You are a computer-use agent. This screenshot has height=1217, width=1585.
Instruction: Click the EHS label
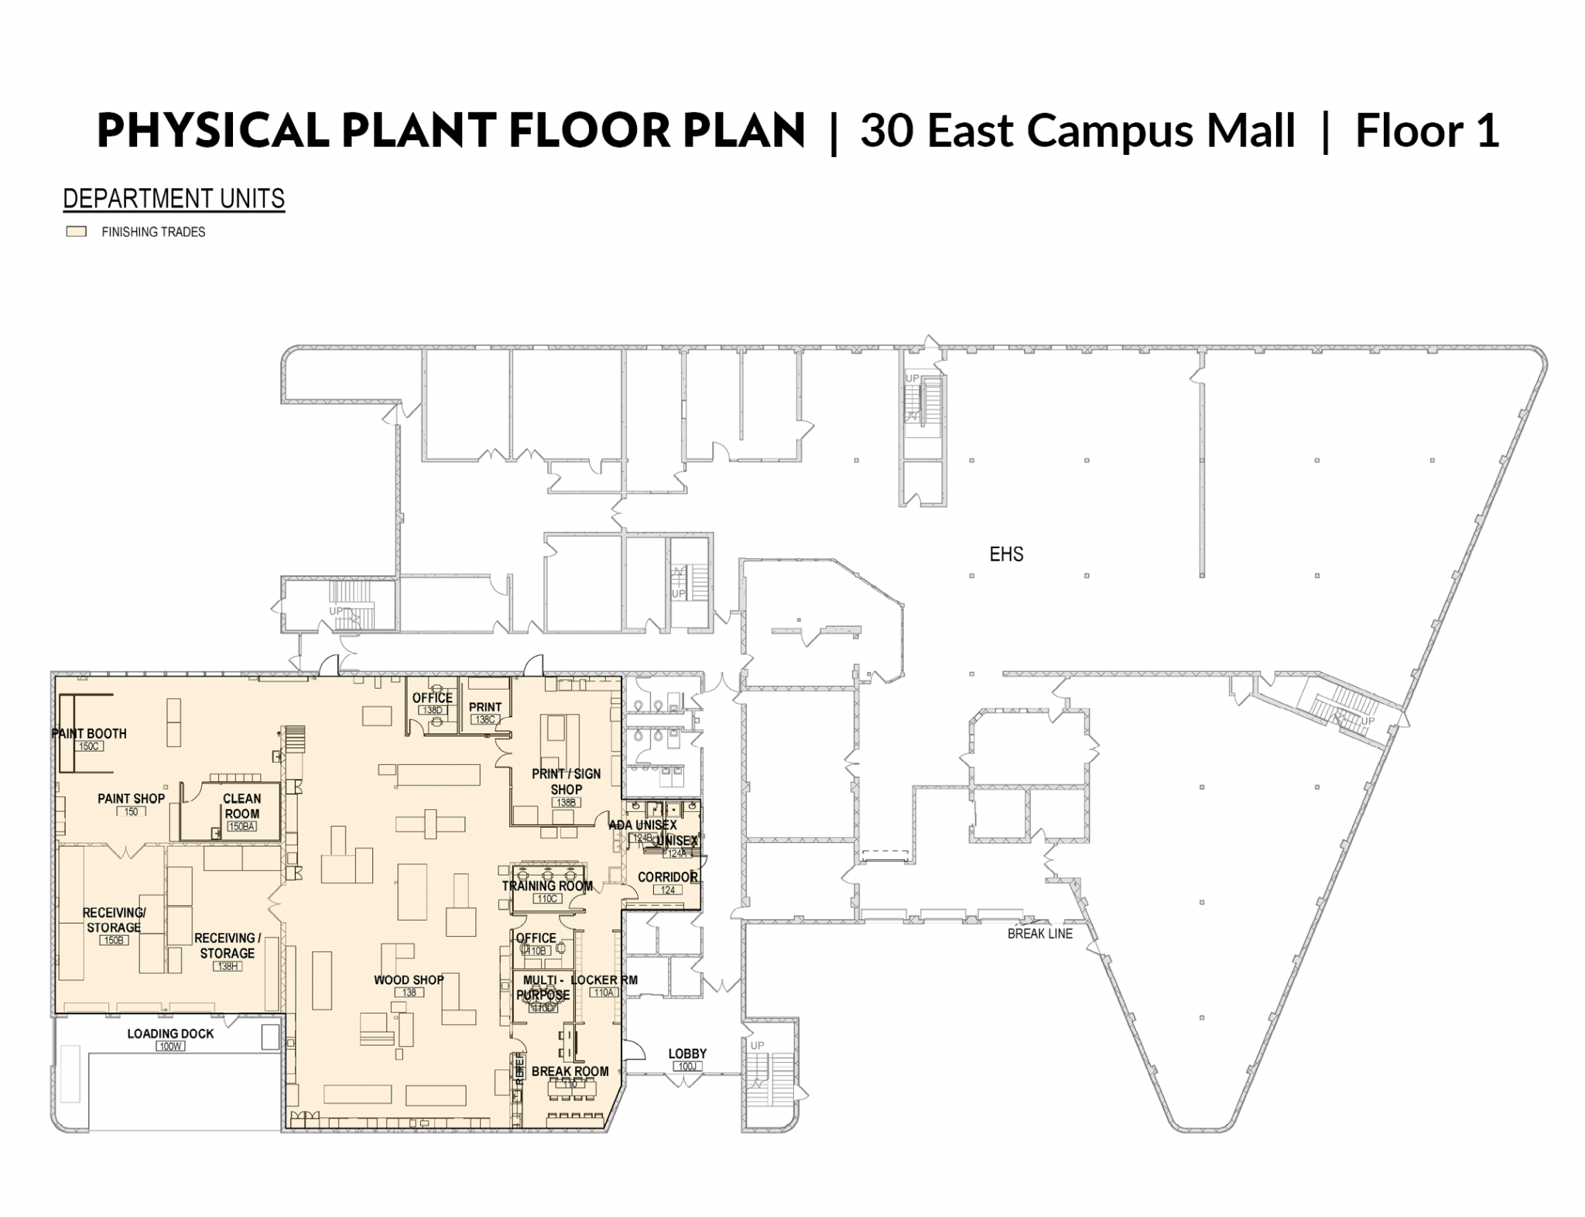1005,554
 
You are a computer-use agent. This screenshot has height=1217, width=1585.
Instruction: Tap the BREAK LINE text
1039,934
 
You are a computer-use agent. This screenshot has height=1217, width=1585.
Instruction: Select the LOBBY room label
687,1054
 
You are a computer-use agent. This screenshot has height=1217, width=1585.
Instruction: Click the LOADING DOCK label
170,1034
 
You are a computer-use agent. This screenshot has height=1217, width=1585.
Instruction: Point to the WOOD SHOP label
409,980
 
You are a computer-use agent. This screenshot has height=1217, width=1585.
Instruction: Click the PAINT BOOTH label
89,734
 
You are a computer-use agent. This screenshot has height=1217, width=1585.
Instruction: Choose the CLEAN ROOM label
241,806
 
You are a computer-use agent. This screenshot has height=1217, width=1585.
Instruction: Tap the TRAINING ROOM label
547,886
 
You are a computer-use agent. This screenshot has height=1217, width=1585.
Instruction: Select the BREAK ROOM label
570,1071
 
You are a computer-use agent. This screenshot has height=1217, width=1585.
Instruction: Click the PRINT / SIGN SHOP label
566,781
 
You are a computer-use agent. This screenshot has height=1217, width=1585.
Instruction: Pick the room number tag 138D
432,710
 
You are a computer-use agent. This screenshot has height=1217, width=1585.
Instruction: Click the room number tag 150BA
241,826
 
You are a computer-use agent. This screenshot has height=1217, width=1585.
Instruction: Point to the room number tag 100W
169,1046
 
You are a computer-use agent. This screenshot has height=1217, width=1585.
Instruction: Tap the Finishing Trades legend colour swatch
76,231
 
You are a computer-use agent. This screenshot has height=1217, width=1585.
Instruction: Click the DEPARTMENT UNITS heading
173,199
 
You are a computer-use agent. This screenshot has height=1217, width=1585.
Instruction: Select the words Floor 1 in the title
1426,130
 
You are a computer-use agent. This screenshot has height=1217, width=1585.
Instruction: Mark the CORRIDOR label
668,877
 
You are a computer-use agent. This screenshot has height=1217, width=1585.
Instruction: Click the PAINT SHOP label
131,799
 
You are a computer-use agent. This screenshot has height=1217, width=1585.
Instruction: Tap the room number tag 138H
227,966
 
